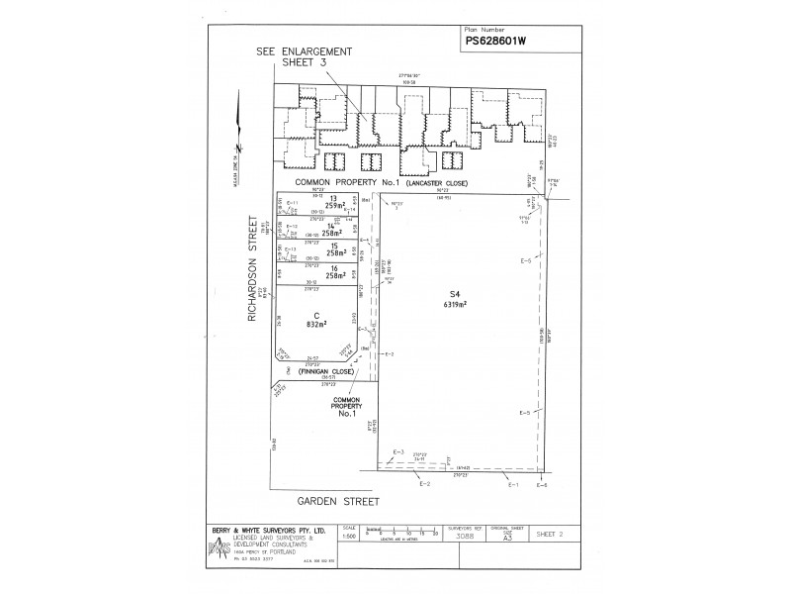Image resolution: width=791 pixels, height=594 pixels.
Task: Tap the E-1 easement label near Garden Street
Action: [512, 484]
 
